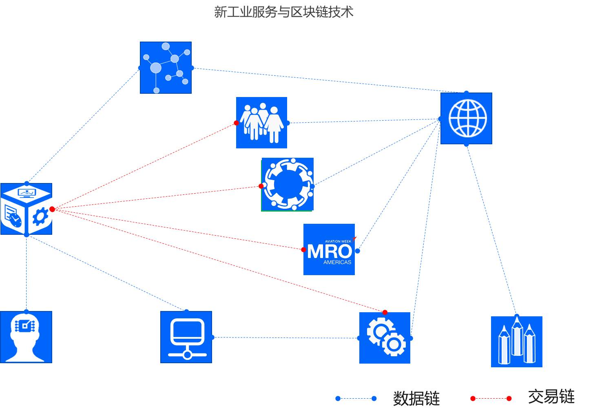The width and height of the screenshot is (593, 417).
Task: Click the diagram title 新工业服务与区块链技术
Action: point(283,12)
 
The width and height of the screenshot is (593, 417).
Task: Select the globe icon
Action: point(466,118)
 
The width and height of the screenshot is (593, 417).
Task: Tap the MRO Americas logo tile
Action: point(329,249)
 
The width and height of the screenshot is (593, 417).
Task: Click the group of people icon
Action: point(261,123)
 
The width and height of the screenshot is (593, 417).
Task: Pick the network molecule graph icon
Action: point(166,68)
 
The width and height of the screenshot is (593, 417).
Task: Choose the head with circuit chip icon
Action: point(26,337)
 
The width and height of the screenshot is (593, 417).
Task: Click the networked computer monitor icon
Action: point(186,337)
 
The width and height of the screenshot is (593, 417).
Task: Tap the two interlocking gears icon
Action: point(385,338)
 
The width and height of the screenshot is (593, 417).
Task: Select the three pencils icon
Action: point(516,342)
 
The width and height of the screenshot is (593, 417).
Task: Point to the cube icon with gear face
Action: point(26,209)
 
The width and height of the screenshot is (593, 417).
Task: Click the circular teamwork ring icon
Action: point(288,184)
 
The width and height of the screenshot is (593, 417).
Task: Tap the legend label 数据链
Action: point(416,398)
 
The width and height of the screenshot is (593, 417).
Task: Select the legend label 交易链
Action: point(551,397)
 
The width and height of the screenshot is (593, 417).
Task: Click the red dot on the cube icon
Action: point(52,209)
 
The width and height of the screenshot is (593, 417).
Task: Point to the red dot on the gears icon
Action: point(385,313)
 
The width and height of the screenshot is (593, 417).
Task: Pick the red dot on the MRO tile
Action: point(303,249)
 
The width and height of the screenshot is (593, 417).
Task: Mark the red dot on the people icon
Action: point(236,123)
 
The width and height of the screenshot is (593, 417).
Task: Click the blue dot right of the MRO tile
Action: point(357,251)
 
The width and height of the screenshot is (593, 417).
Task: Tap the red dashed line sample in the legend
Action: point(491,398)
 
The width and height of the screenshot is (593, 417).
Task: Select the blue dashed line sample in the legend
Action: point(356,398)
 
